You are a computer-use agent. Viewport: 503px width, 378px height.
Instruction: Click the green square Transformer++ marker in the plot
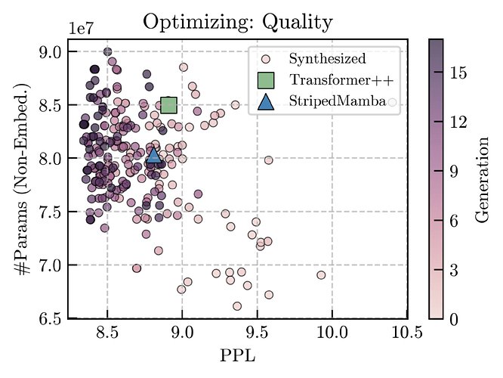(168, 104)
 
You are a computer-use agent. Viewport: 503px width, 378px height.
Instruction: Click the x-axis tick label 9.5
(257, 333)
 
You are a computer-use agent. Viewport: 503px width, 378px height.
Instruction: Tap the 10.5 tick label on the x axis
(406, 333)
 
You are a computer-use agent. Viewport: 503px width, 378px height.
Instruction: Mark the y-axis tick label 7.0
(51, 265)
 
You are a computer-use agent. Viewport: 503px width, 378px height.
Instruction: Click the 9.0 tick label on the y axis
(51, 51)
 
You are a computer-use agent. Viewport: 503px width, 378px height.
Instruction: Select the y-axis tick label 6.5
(51, 319)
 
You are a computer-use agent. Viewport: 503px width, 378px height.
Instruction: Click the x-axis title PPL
(237, 355)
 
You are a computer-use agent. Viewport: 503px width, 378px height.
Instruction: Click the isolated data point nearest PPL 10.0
(321, 275)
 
